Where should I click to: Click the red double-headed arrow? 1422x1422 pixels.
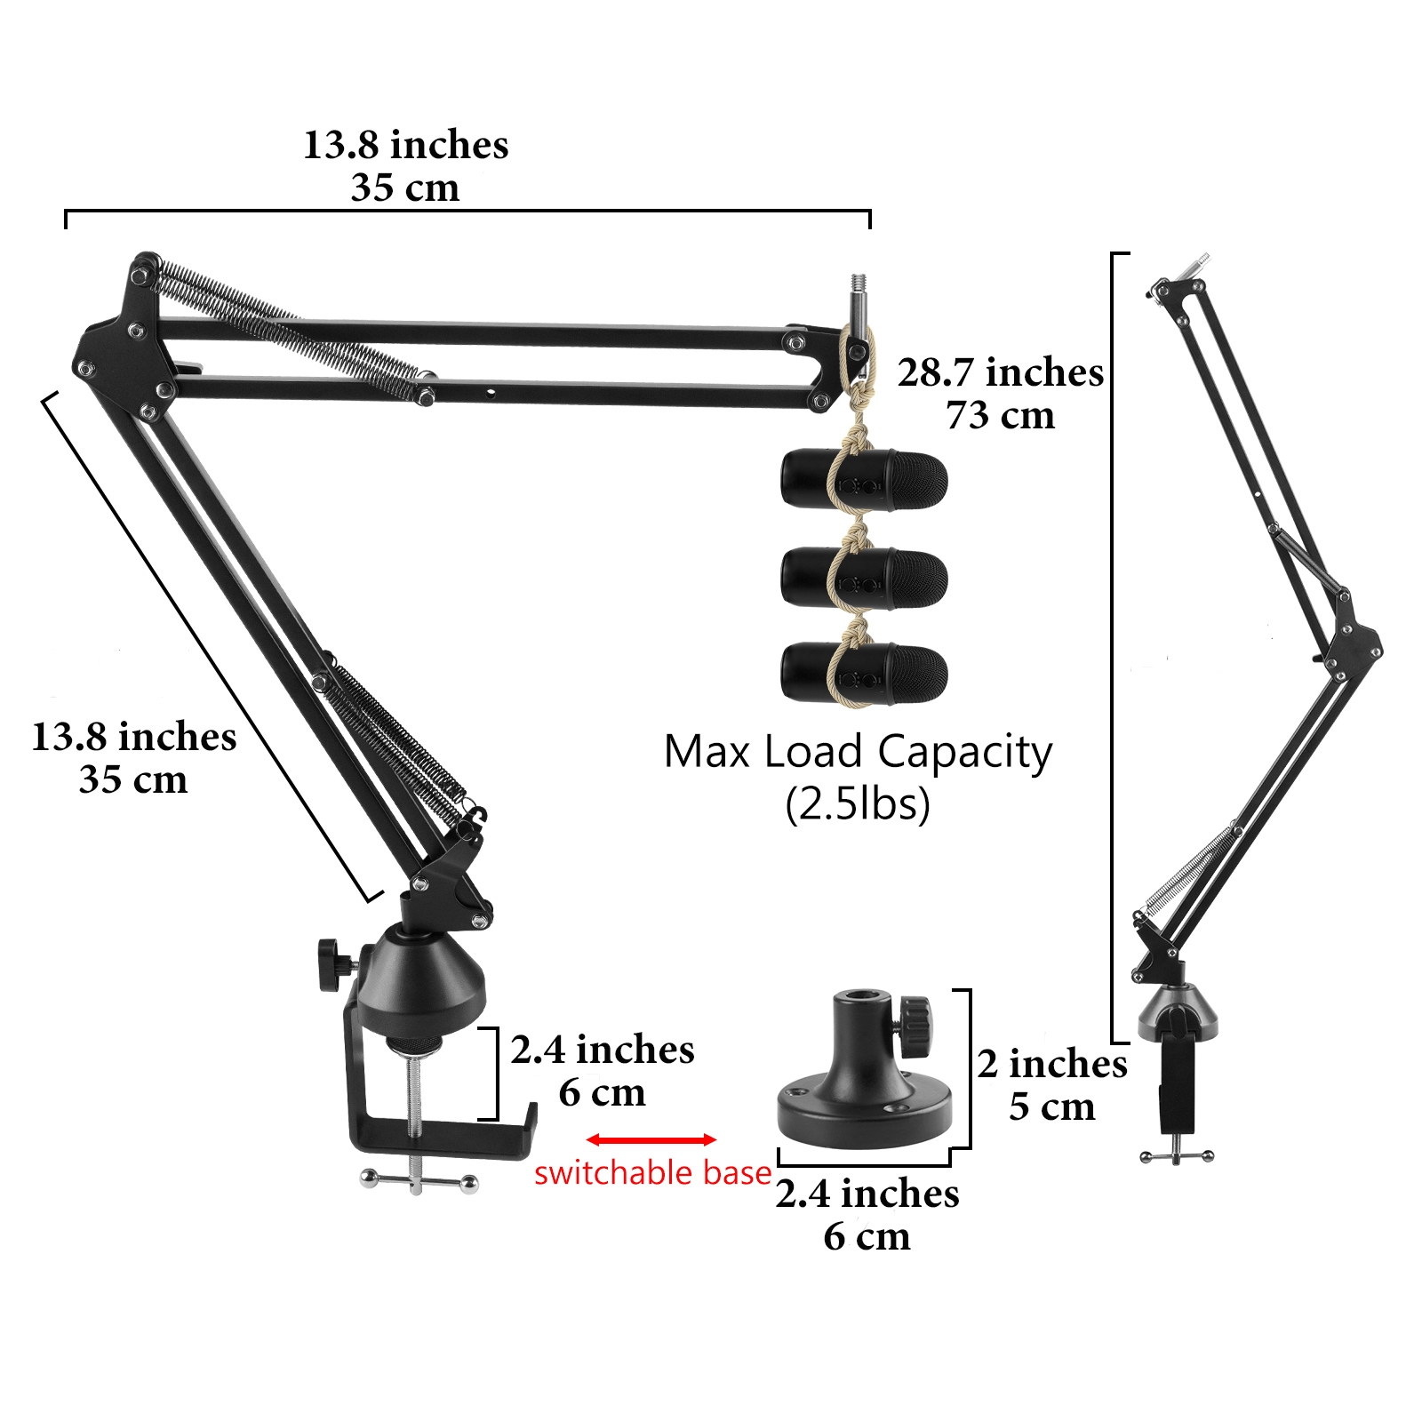[651, 1139]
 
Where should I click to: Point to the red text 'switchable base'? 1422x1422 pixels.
[652, 1173]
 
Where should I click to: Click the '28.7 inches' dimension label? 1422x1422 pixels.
[1001, 372]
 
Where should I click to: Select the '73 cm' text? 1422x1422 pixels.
[1001, 415]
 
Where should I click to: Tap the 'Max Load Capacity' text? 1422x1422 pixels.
[858, 752]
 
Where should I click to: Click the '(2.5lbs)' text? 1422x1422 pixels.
[858, 803]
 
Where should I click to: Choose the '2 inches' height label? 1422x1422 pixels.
[1052, 1064]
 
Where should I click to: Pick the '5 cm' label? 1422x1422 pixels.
[1052, 1106]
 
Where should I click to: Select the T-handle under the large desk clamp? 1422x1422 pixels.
[419, 1181]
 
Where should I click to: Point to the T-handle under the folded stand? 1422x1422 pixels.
[1177, 1155]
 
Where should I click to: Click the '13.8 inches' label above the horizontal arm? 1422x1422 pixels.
[406, 145]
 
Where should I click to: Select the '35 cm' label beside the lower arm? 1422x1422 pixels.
[133, 779]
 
